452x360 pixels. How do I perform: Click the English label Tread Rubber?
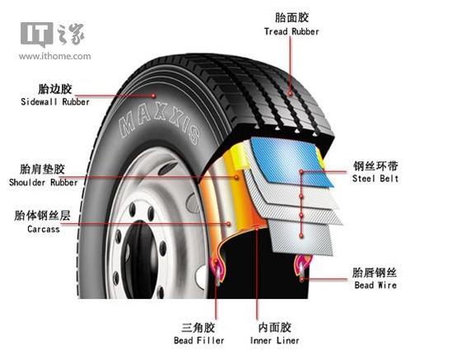(291, 31)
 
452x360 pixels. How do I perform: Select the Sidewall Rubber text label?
(55, 102)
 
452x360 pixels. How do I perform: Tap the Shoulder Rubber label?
(44, 182)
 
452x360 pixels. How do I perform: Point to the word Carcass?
(44, 229)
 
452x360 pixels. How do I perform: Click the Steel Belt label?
(375, 178)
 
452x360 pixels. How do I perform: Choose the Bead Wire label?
(375, 285)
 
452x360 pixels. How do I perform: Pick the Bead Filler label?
(199, 340)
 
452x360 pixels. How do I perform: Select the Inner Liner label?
(274, 340)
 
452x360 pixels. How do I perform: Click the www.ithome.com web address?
(55, 56)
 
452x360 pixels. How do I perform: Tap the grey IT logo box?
(36, 34)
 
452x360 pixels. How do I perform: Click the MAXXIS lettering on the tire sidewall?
(160, 124)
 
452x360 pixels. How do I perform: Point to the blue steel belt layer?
(291, 161)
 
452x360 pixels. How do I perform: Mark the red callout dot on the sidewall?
(154, 96)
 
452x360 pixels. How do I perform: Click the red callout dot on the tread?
(291, 93)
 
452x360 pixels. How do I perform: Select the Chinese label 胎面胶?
(291, 17)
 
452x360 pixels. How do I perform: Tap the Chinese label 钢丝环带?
(375, 166)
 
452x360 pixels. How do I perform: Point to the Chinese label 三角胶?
(198, 328)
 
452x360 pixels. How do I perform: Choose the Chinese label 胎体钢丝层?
(42, 216)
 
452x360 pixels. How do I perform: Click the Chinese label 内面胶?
(274, 328)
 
